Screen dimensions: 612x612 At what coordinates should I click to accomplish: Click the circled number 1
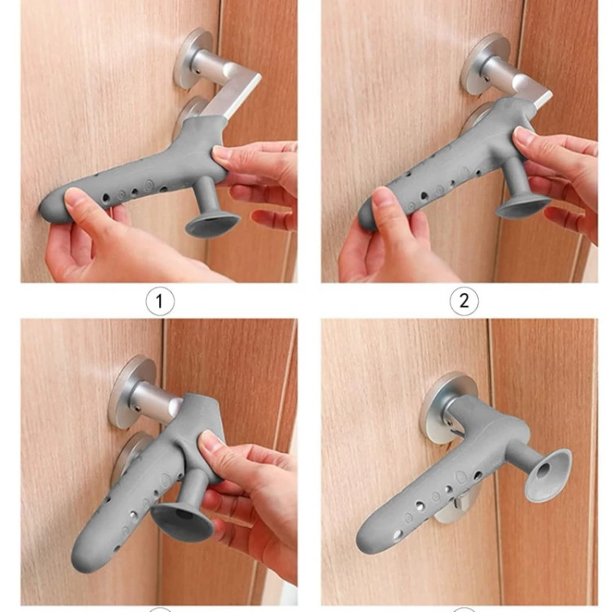[x=160, y=301]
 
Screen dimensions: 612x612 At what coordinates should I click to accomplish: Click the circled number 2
[x=464, y=301]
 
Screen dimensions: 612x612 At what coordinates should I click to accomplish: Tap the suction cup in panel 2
[x=523, y=207]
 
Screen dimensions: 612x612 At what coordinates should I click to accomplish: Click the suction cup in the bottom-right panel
[x=548, y=475]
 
